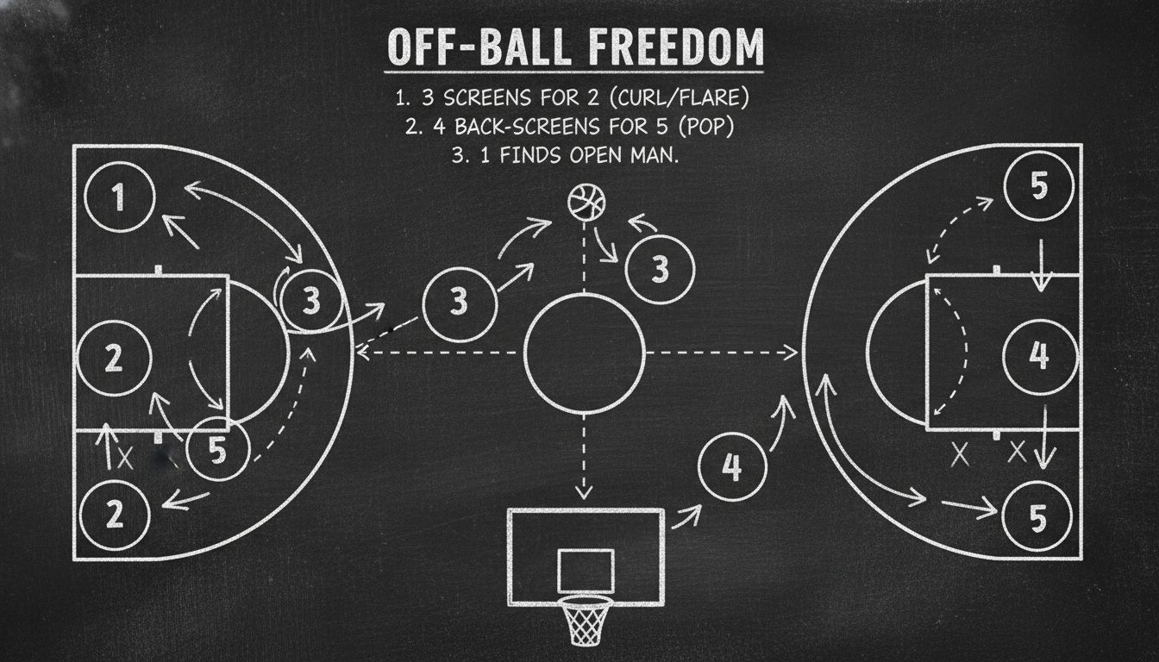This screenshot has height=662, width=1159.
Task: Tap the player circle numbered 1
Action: click(x=120, y=197)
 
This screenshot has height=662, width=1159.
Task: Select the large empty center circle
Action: click(x=585, y=352)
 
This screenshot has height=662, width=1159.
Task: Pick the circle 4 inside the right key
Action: click(x=1039, y=354)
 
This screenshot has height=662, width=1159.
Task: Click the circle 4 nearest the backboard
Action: click(x=730, y=466)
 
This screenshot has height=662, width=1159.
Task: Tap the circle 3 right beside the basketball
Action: click(x=659, y=268)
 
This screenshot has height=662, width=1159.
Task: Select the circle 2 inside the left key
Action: click(x=114, y=358)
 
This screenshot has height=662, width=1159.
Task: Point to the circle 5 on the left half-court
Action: click(x=218, y=448)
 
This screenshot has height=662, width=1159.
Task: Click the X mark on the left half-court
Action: click(x=125, y=457)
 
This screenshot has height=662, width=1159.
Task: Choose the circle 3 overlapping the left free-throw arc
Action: click(x=311, y=300)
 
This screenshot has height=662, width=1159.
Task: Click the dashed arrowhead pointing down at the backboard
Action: click(x=585, y=493)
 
